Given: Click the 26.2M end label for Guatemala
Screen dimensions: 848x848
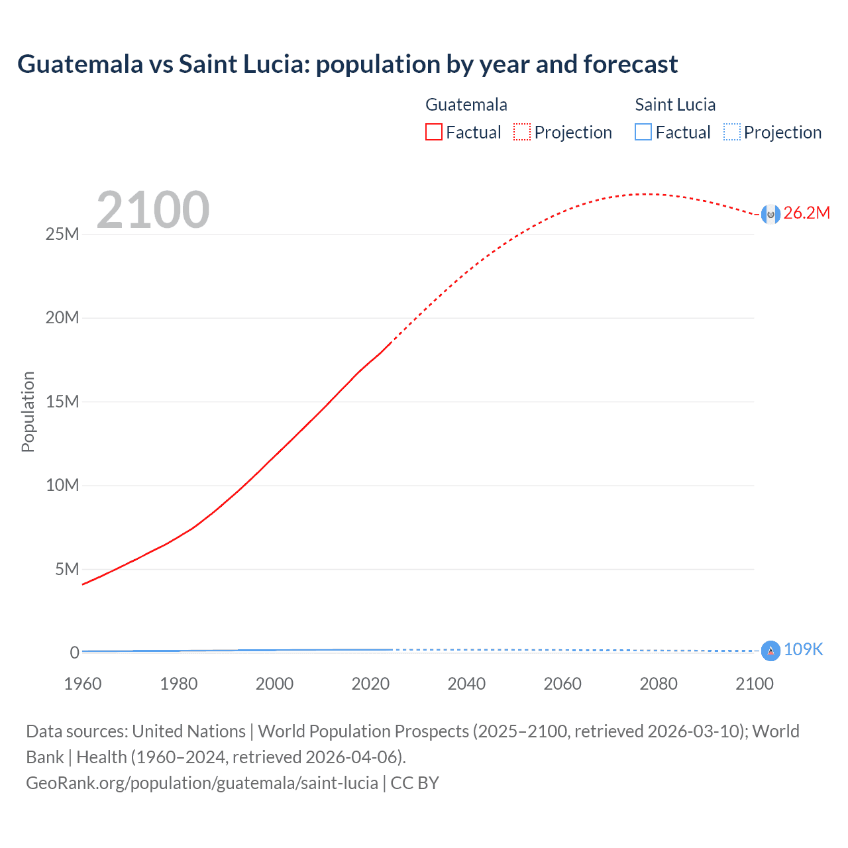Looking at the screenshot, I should click(806, 213).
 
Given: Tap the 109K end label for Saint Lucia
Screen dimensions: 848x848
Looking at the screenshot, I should click(803, 650).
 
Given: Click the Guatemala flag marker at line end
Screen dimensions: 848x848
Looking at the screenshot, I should click(770, 214).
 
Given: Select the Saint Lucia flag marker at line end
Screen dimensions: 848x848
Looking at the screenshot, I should click(770, 651).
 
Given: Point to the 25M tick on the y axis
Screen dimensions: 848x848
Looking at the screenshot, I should click(62, 235).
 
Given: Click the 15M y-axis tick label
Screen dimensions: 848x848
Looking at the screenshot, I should click(62, 402).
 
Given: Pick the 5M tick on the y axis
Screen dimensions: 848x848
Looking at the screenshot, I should click(67, 570).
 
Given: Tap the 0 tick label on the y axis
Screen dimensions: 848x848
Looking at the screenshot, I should click(75, 653).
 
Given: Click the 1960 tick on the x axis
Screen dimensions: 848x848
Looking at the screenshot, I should click(83, 684).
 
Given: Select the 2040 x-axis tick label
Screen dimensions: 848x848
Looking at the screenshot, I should click(466, 684).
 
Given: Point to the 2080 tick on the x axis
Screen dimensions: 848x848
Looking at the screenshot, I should click(659, 684).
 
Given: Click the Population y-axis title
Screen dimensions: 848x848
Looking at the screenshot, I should click(28, 412).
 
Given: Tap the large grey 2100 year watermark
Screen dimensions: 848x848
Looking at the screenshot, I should click(153, 210).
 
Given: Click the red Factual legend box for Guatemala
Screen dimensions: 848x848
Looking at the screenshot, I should click(433, 132).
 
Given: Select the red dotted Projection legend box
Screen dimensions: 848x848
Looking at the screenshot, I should click(522, 132).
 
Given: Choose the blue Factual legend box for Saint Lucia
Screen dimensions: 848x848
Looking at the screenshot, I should click(643, 132).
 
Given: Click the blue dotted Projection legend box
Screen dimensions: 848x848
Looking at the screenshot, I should click(731, 132).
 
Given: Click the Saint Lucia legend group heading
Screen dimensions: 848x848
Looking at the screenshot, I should click(675, 105).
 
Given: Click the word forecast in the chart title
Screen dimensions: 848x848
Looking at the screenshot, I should click(630, 64).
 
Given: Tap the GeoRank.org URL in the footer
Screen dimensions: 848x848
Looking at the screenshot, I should click(202, 783).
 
